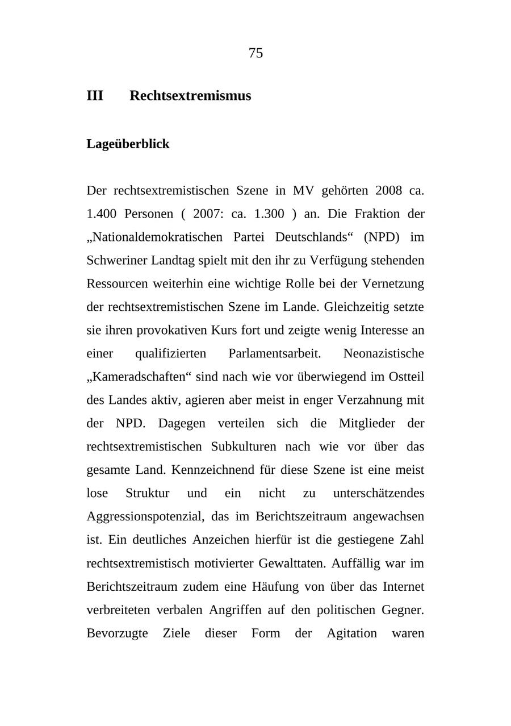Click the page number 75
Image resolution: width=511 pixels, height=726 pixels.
(256, 53)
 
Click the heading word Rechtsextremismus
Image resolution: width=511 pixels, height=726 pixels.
(190, 95)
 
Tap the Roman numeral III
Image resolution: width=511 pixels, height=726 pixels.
(95, 95)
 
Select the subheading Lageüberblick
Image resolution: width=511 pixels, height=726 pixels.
(128, 144)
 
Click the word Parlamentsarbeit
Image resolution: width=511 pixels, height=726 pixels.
(275, 353)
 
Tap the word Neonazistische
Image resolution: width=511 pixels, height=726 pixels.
(384, 353)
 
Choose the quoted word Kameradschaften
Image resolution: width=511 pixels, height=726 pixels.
(140, 377)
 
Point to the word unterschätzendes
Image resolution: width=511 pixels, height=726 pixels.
(379, 493)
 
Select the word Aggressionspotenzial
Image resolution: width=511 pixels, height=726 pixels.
(145, 516)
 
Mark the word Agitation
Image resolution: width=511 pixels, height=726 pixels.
(351, 633)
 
